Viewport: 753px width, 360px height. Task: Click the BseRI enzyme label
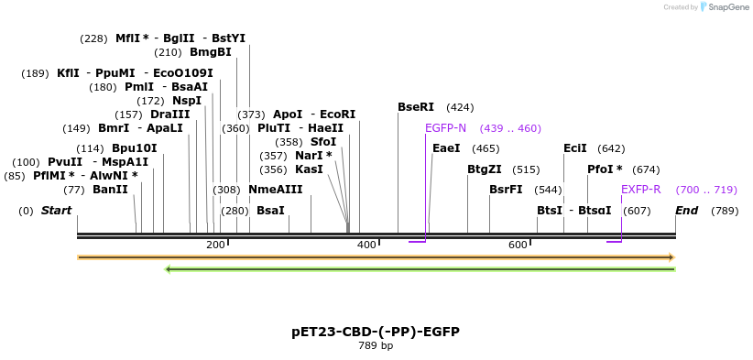[x=416, y=107]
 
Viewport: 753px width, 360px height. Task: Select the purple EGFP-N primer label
[x=445, y=128]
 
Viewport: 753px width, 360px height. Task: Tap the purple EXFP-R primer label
[x=640, y=190]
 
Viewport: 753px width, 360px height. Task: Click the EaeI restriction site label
[x=446, y=148]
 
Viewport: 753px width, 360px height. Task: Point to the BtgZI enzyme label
[x=485, y=169]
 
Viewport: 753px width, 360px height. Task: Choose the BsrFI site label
[x=506, y=190]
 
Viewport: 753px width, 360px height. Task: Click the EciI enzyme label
[x=575, y=148]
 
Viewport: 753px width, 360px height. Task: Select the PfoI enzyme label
[x=605, y=169]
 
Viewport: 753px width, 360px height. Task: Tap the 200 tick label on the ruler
[x=215, y=245]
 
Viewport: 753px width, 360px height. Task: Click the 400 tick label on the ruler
[x=366, y=245]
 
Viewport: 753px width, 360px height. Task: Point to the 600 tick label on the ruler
[x=518, y=245]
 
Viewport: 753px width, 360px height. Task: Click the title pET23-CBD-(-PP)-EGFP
[x=376, y=332]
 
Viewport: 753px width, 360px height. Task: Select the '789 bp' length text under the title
[x=376, y=346]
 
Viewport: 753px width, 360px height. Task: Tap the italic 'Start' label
[x=56, y=211]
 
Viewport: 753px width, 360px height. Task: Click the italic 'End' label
[x=687, y=211]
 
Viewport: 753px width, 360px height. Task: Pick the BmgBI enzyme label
[x=210, y=52]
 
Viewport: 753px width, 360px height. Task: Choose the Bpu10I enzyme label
[x=134, y=148]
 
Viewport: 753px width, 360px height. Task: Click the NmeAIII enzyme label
[x=275, y=190]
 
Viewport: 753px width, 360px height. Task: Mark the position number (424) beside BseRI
[x=460, y=107]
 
